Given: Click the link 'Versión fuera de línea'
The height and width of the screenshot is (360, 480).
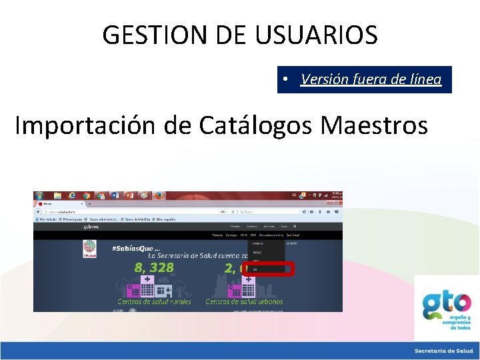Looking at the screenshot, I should (x=371, y=79).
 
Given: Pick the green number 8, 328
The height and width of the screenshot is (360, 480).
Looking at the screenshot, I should (x=154, y=267).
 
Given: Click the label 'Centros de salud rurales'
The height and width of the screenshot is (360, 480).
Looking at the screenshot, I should (x=154, y=301).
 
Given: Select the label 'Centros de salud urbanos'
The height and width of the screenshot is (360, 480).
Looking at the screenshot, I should (x=244, y=301).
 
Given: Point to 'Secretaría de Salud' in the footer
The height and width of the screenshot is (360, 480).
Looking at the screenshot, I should (x=443, y=351).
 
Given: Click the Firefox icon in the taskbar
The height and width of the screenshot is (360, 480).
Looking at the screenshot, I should (x=159, y=196).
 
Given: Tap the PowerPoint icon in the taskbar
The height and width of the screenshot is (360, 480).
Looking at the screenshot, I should (x=129, y=196).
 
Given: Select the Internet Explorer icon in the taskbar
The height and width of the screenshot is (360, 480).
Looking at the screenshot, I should (x=71, y=196).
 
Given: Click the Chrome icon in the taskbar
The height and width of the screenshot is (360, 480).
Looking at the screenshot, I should (x=86, y=196).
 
